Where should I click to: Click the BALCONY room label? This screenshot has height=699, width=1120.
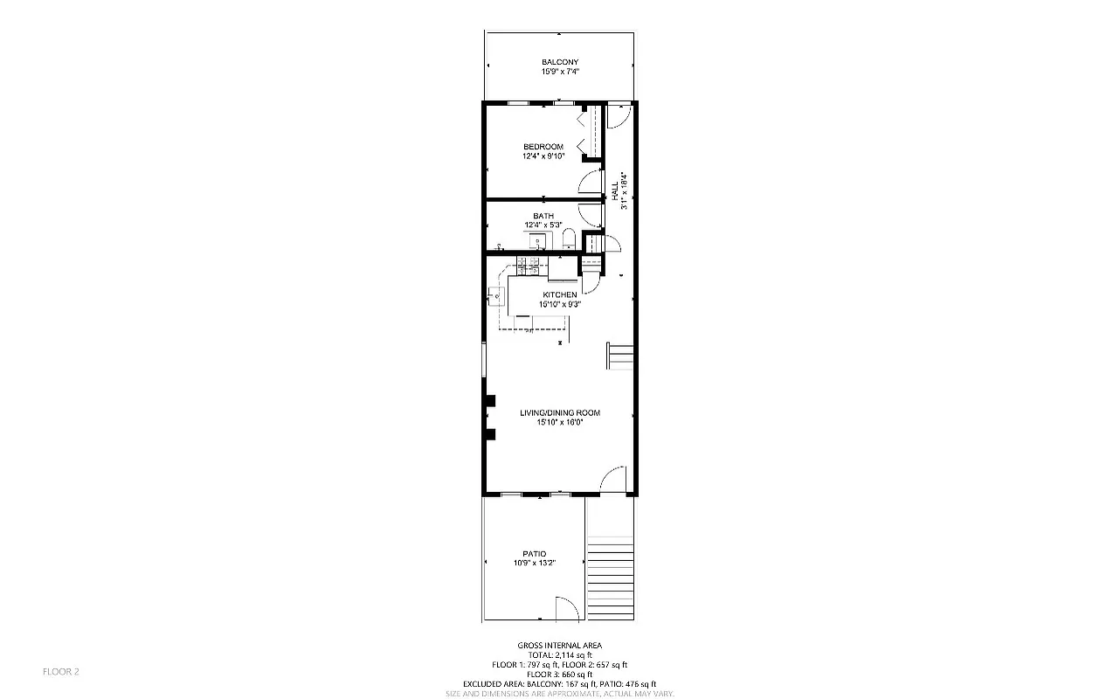560,62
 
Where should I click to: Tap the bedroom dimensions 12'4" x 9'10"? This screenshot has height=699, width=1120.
543,156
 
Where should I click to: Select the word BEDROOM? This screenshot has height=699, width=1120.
543,146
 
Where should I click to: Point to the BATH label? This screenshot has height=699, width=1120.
543,216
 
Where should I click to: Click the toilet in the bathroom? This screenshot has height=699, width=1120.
569,239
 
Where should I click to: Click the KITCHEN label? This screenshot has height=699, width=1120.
559,295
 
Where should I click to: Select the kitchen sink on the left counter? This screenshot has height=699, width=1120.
496,296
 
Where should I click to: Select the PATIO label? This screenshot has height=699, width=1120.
535,554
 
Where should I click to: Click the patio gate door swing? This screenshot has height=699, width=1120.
566,609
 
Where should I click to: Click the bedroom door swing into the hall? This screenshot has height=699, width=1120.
592,182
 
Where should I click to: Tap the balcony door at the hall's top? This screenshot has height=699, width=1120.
618,116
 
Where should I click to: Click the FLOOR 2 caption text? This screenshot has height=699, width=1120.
61,672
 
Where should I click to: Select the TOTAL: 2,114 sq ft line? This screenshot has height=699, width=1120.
560,655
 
